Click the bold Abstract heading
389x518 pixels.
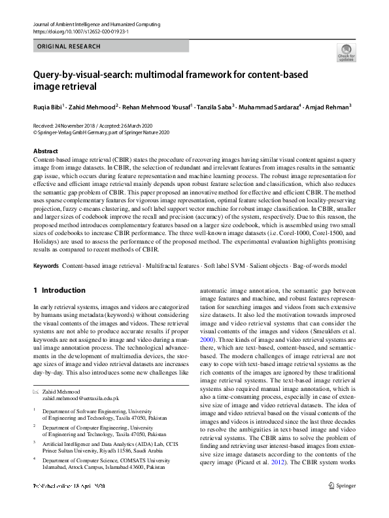coord(45,151)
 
